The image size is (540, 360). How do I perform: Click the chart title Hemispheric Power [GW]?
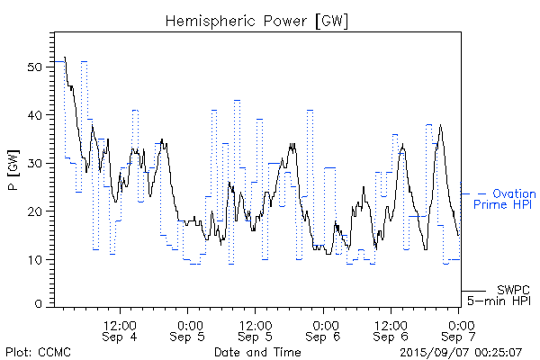257,19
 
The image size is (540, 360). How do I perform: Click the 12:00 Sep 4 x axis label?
120,330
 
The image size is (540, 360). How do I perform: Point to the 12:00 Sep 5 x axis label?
256,330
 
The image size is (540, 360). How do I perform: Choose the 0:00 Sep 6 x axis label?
324,330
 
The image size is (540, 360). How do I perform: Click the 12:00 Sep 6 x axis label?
391,330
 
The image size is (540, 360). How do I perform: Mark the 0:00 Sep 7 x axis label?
460,330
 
